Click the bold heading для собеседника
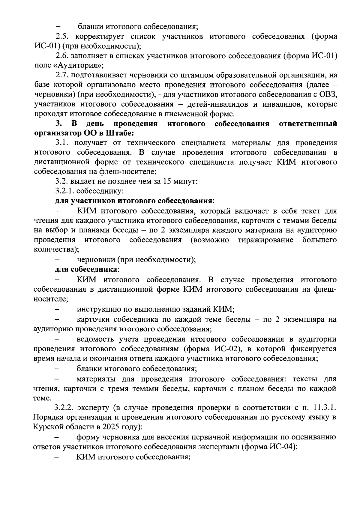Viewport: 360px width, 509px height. tap(86, 269)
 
